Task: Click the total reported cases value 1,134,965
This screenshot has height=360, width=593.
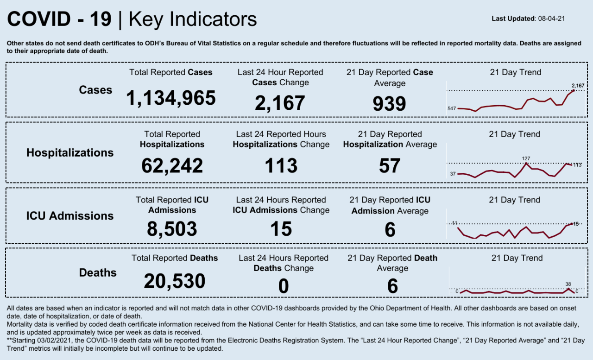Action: coord(171,98)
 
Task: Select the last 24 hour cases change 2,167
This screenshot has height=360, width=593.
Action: coord(280,103)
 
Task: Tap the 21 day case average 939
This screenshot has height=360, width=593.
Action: coord(389,104)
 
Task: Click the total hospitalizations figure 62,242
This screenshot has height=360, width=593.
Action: coord(172,165)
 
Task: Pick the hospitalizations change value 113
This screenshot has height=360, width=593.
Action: coord(281,165)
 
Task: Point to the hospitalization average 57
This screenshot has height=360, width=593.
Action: coord(389,165)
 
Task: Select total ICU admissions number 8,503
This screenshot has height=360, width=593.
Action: coord(172,229)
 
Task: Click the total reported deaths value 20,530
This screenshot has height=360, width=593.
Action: coord(174,281)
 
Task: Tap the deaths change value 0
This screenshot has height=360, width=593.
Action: coord(283,286)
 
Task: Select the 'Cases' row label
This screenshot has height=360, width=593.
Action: coord(95,90)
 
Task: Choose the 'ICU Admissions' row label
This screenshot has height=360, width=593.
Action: coord(69,216)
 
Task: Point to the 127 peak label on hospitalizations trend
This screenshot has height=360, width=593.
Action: coord(525,158)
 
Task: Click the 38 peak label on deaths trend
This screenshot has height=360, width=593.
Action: coord(568,284)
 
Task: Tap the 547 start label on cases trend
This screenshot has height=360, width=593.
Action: coord(452,109)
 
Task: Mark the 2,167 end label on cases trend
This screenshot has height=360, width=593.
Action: coord(578,85)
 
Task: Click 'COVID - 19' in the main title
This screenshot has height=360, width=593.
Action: coord(59,19)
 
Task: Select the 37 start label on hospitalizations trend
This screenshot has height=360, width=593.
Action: coord(453,174)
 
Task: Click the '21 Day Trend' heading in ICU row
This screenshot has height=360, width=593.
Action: coord(514,200)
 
